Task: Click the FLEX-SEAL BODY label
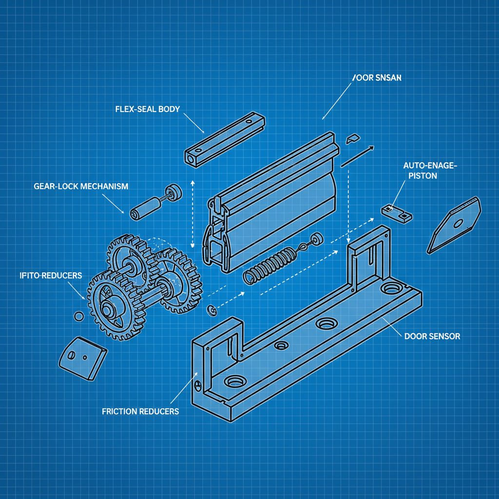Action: click(147, 109)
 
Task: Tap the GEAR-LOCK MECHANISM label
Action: click(81, 186)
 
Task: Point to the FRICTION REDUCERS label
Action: click(140, 411)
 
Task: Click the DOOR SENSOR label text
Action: click(432, 336)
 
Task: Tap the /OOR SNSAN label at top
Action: click(376, 78)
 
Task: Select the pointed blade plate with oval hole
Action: click(454, 224)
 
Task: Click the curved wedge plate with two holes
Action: click(82, 359)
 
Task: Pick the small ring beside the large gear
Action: click(78, 316)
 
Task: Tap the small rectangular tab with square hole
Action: click(396, 212)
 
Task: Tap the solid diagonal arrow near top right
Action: click(357, 156)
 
